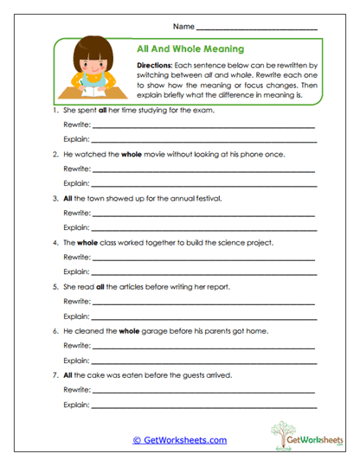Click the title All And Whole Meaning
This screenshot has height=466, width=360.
click(x=190, y=49)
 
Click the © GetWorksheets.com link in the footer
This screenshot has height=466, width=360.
click(x=179, y=440)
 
